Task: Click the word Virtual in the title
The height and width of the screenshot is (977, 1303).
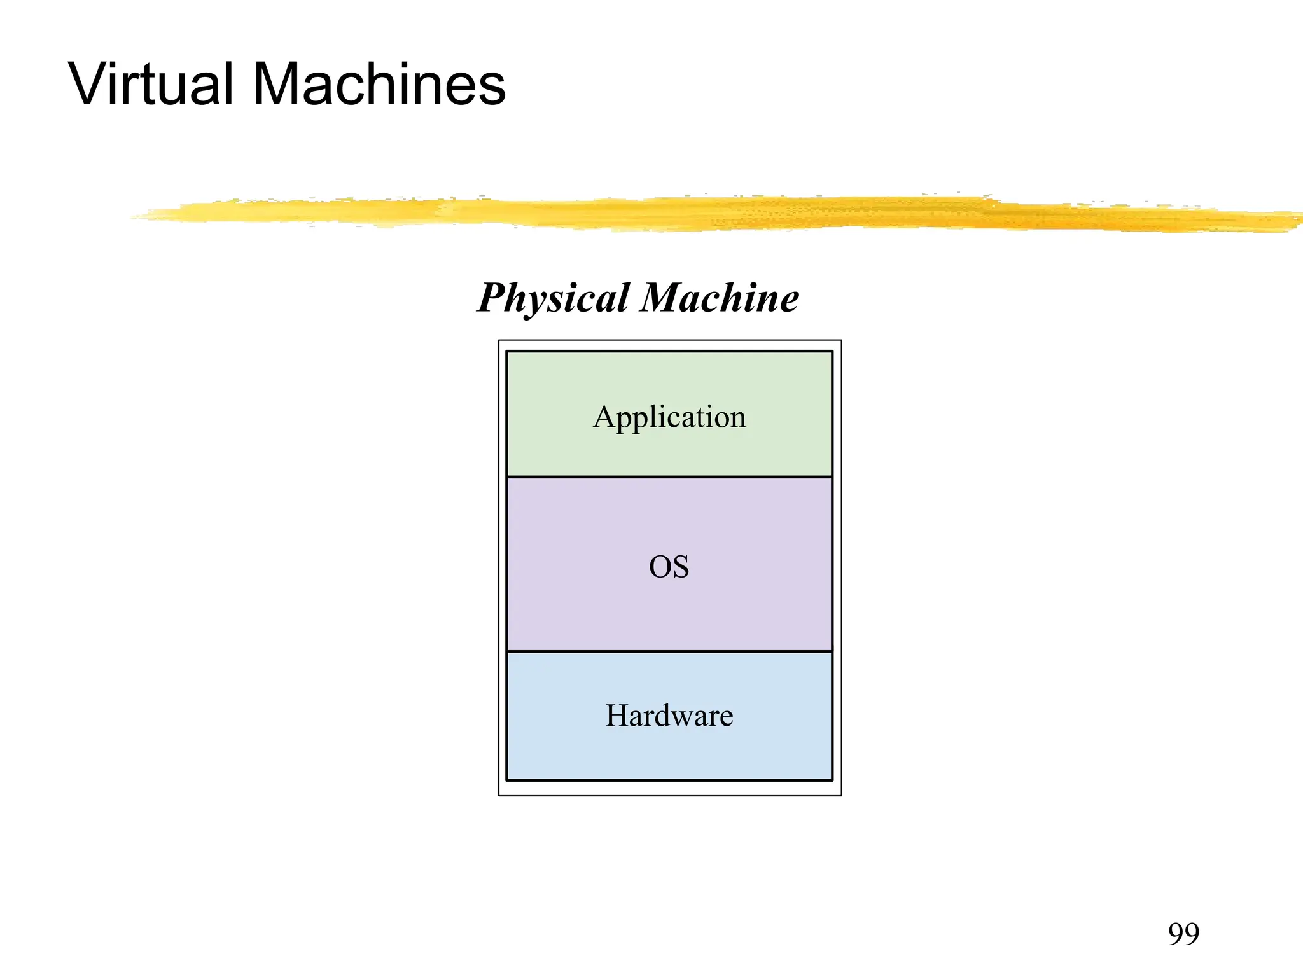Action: [151, 84]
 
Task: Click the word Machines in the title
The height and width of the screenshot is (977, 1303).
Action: [379, 84]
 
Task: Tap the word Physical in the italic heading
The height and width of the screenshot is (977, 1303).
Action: [554, 298]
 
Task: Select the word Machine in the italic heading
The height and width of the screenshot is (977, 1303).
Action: [720, 298]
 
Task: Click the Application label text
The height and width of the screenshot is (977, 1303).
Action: [669, 418]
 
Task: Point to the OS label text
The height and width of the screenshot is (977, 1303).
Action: [669, 566]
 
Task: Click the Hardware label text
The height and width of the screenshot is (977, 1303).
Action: [669, 716]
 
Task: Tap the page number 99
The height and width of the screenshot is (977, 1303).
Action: [1183, 934]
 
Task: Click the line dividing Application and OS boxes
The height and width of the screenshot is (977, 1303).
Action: [669, 476]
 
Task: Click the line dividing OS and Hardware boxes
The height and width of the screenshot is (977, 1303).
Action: [669, 651]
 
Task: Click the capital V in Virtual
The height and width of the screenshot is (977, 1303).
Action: [89, 84]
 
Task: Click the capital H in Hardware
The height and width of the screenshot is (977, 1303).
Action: [617, 716]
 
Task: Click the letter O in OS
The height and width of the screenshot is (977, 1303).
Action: [660, 566]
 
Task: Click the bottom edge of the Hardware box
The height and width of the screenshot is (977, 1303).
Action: [669, 780]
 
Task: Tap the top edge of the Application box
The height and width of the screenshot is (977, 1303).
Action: [669, 352]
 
